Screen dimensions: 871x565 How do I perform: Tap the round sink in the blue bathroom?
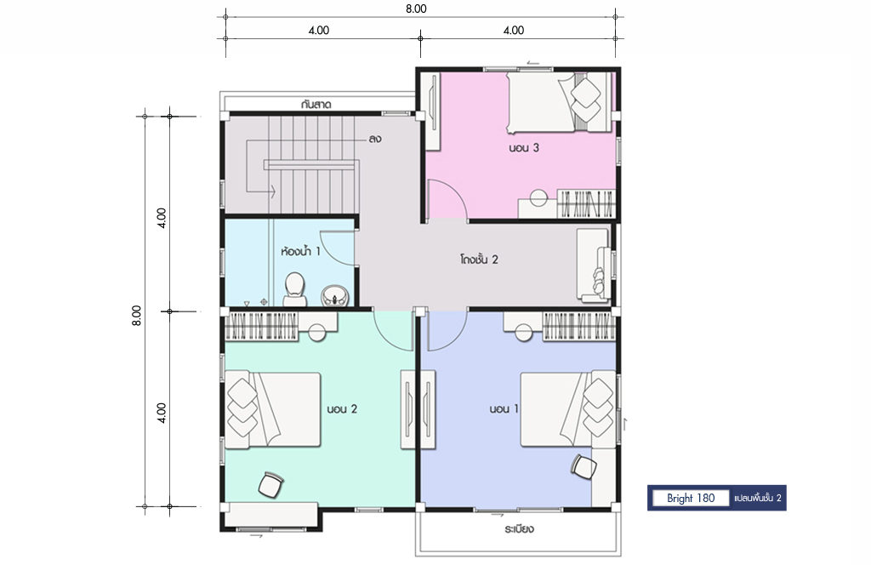click(x=335, y=295)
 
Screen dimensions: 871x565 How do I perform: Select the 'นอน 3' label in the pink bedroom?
click(x=524, y=148)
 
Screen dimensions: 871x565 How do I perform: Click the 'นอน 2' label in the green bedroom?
click(x=342, y=409)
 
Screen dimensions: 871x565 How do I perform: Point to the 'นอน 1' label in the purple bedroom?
click(x=504, y=409)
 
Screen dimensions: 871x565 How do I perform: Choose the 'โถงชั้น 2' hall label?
click(x=479, y=259)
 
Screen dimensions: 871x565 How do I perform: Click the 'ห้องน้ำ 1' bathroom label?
click(x=300, y=252)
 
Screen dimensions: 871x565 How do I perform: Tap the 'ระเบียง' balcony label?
click(x=520, y=529)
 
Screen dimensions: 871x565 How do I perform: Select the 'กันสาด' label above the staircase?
click(x=316, y=104)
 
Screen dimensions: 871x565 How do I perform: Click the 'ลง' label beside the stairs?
click(x=374, y=139)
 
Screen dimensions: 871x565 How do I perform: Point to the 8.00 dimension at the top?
click(x=415, y=9)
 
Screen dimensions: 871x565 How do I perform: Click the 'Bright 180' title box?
click(x=691, y=498)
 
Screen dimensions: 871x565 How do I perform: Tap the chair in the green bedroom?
click(x=271, y=484)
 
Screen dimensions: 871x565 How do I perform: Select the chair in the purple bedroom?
click(x=584, y=465)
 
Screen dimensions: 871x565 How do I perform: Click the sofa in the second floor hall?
click(x=594, y=265)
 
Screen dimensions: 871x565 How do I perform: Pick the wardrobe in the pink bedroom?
click(x=586, y=203)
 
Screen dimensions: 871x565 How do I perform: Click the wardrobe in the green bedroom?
click(x=262, y=326)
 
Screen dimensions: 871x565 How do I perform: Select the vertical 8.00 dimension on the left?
click(x=137, y=315)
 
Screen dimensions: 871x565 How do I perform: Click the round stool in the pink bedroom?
click(x=538, y=197)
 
